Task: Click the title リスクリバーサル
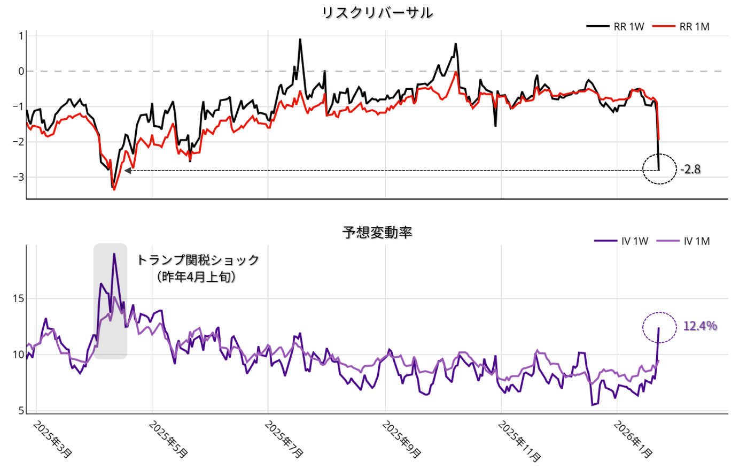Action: [x=377, y=12]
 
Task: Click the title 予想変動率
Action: [x=377, y=232]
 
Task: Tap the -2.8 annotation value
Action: [x=690, y=170]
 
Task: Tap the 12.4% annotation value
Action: [x=700, y=326]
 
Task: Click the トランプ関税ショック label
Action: [x=198, y=260]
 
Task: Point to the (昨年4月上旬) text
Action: [x=197, y=277]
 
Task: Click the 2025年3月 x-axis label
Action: [x=52, y=439]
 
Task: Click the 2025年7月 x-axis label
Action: [x=284, y=439]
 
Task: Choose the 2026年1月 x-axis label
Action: [x=633, y=439]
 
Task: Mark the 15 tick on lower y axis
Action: [x=18, y=298]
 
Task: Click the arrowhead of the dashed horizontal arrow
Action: [x=128, y=171]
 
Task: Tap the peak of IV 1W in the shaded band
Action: [x=114, y=254]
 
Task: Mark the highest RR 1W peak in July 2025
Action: [x=300, y=39]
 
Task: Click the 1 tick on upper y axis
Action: [x=21, y=36]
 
